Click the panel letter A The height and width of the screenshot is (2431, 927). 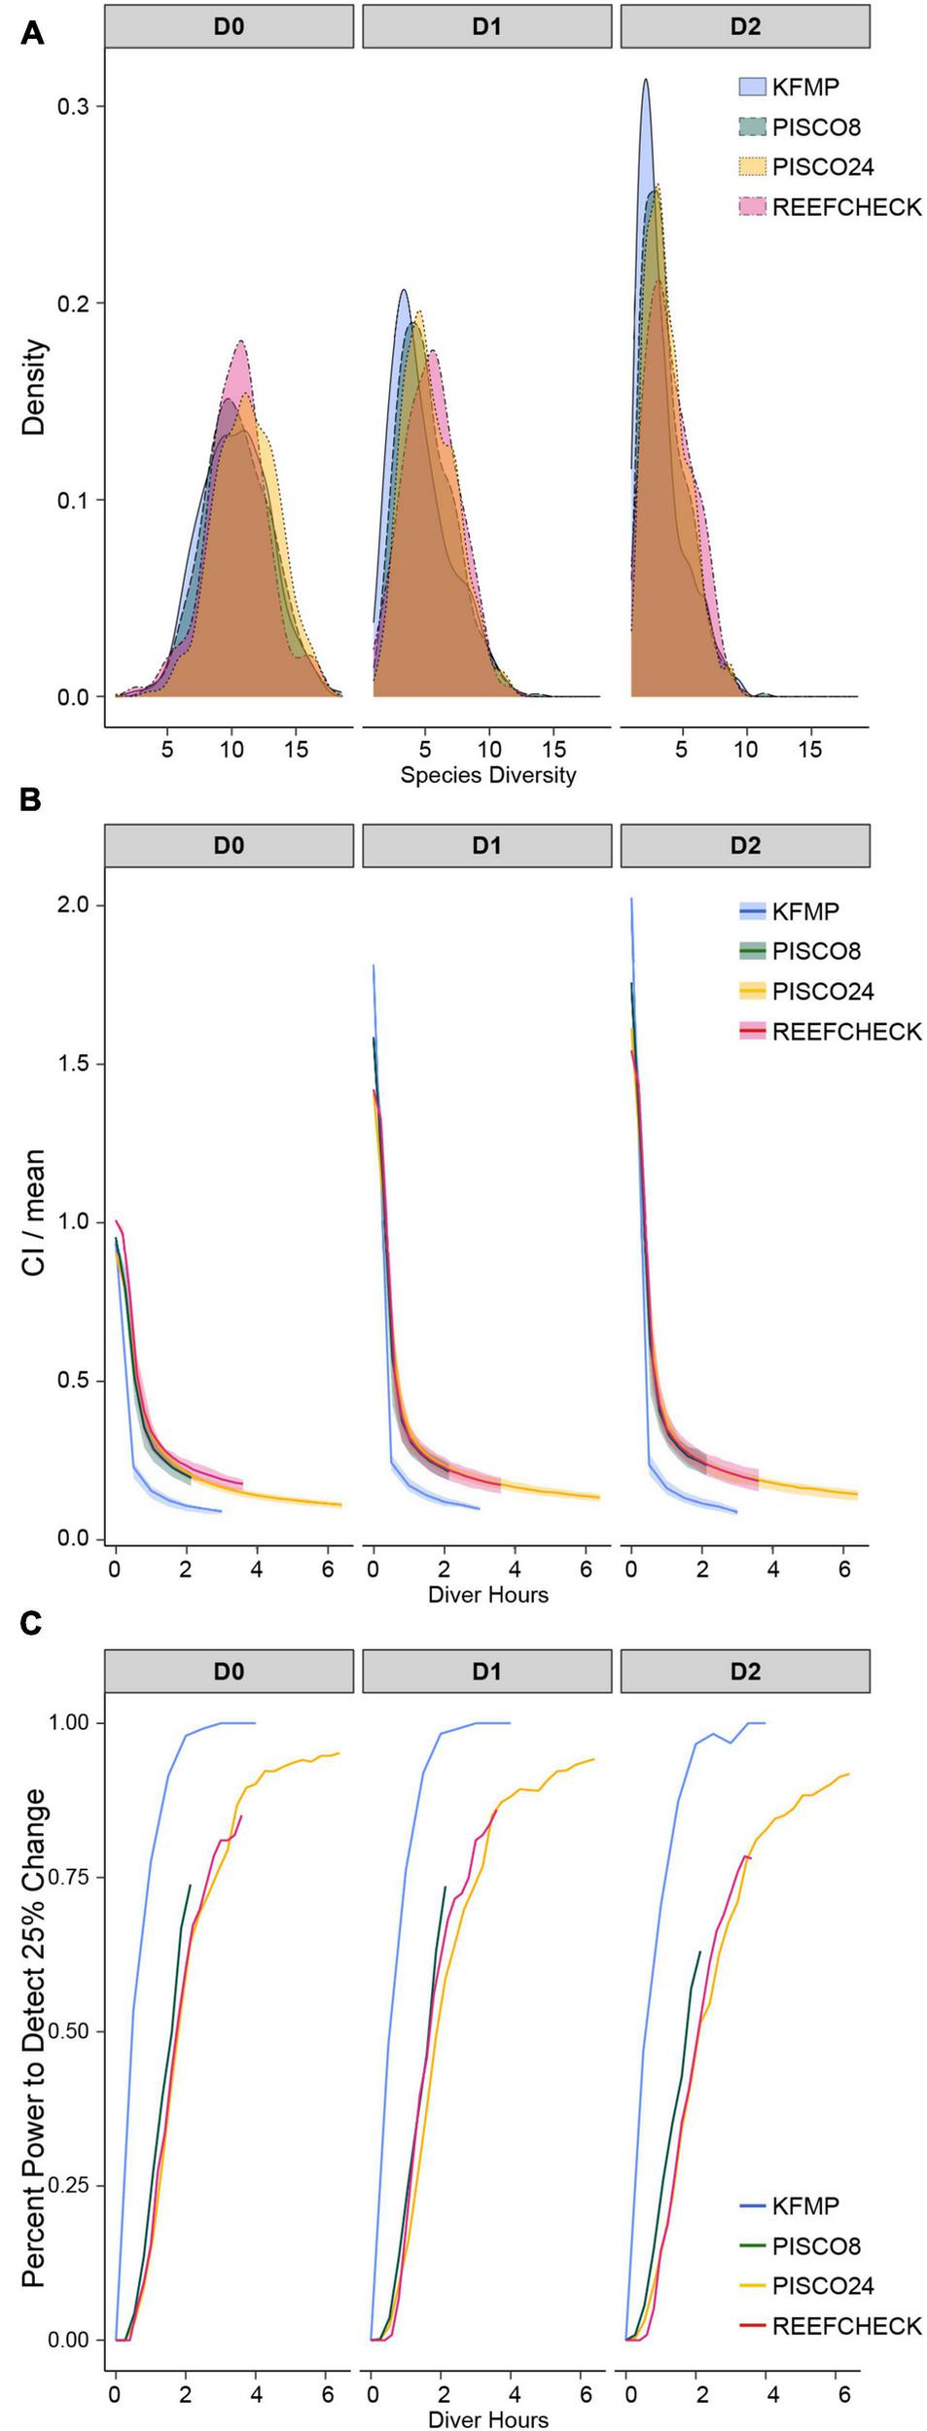(31, 33)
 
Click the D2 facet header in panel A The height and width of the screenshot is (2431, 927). (744, 26)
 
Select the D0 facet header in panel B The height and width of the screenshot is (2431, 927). (229, 845)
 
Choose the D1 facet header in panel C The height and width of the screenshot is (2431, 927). (486, 1671)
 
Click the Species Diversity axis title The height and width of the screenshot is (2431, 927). (488, 775)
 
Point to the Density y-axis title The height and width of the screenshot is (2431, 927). (34, 387)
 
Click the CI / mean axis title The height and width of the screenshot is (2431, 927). (34, 1212)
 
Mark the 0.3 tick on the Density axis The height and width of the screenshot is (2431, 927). (73, 106)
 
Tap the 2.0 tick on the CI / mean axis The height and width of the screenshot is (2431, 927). (73, 904)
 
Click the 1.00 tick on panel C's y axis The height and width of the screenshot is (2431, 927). (68, 1722)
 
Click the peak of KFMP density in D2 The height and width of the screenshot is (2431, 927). (644, 81)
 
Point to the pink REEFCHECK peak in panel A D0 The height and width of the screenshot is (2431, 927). (239, 342)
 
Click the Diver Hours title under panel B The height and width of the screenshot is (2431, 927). (488, 1594)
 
